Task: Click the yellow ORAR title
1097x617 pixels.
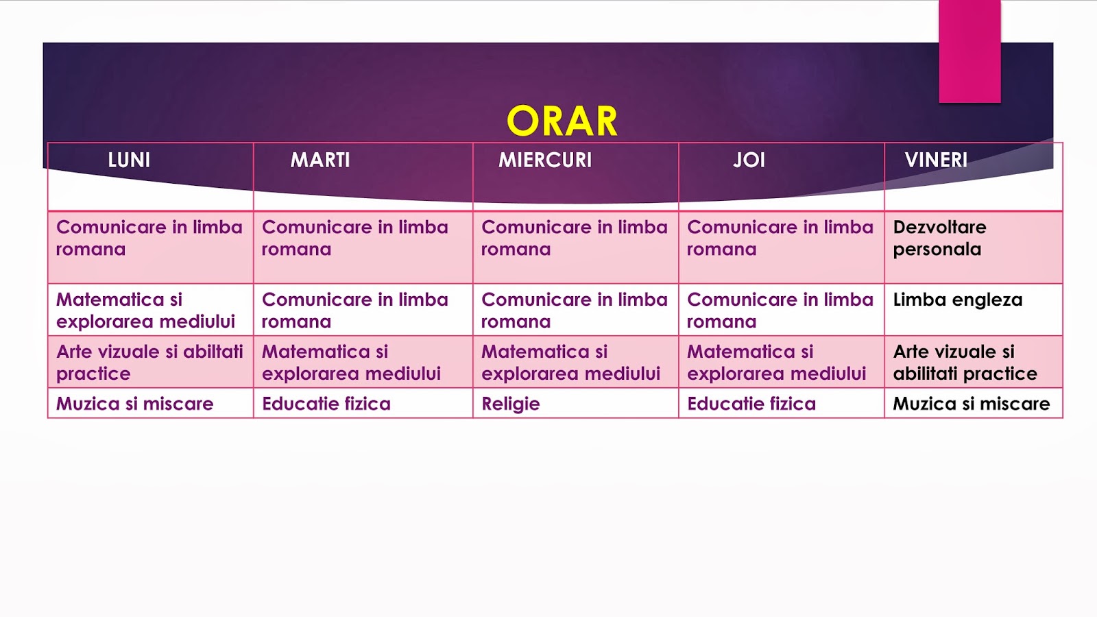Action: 562,121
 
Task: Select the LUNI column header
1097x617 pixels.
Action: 129,160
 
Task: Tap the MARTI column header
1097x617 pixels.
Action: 320,160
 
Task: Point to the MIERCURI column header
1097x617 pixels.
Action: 545,160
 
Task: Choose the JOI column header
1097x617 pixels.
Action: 749,160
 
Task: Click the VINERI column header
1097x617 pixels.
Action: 936,160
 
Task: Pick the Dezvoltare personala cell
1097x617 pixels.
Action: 939,239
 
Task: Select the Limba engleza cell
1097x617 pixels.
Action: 957,300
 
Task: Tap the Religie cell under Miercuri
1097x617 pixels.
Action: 511,404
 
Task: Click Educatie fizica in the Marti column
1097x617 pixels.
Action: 326,404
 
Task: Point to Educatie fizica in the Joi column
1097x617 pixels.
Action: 751,404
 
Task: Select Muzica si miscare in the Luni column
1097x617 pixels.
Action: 135,404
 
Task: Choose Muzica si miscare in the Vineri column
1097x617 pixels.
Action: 971,404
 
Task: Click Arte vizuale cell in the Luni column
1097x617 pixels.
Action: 149,363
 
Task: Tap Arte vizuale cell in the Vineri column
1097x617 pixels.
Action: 964,363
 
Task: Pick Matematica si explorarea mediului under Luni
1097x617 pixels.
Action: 145,311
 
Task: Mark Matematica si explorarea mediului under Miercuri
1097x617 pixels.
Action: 570,363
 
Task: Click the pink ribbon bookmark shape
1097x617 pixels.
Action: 969,52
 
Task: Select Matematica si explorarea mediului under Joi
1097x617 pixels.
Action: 776,363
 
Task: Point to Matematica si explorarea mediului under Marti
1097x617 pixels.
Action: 351,363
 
